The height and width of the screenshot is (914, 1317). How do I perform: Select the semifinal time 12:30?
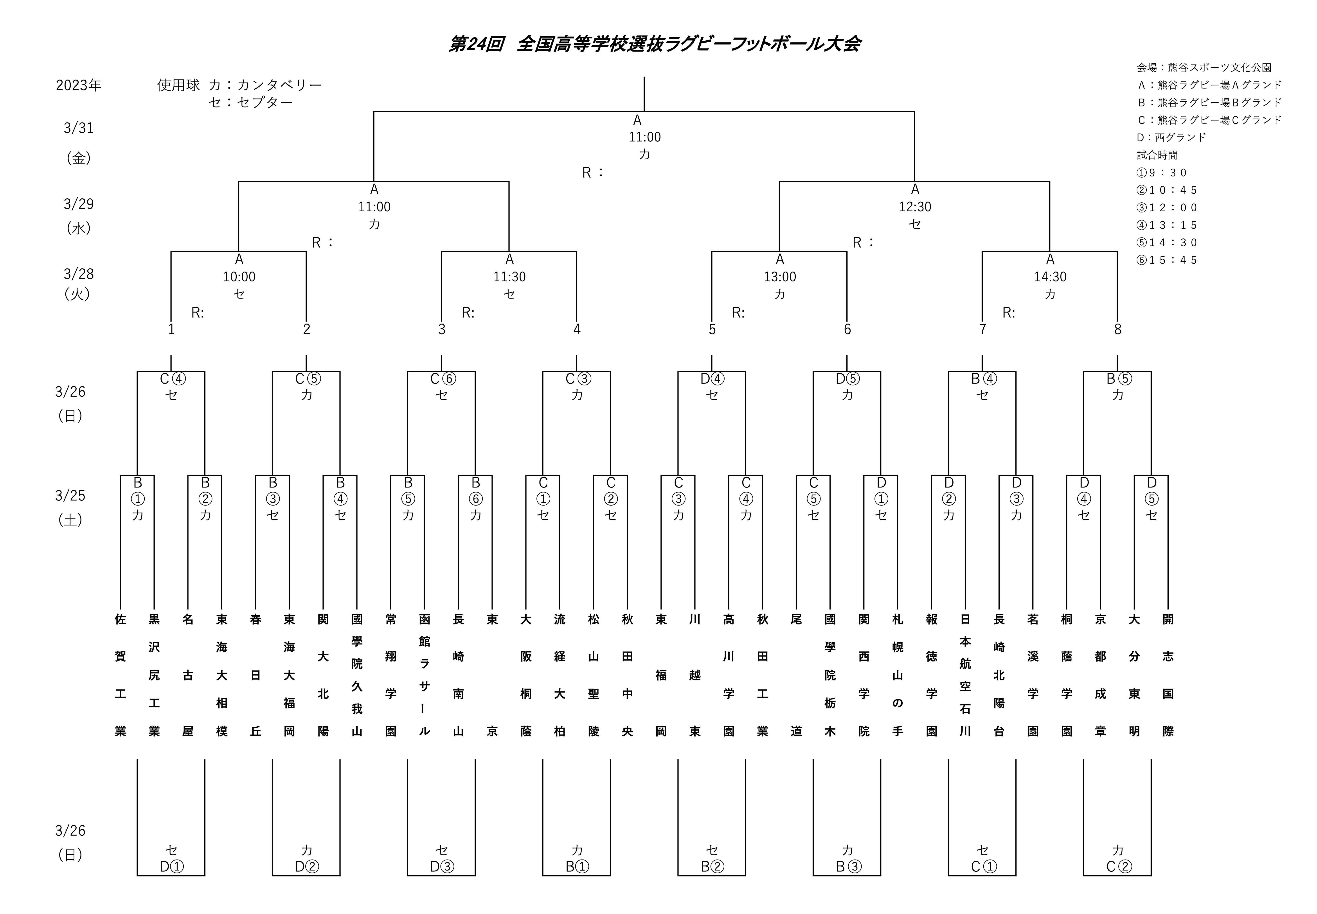coord(914,207)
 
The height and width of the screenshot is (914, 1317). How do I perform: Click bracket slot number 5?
coord(712,329)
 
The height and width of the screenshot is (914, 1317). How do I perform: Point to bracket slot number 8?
coord(1117,329)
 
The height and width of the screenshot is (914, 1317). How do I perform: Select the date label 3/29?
coord(78,204)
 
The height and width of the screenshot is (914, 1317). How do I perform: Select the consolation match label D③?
coord(441,866)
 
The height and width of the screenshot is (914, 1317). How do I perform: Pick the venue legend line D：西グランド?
coord(1171,137)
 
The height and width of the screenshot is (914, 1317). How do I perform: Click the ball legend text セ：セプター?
coord(251,103)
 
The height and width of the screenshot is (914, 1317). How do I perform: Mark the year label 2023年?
coord(78,85)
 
